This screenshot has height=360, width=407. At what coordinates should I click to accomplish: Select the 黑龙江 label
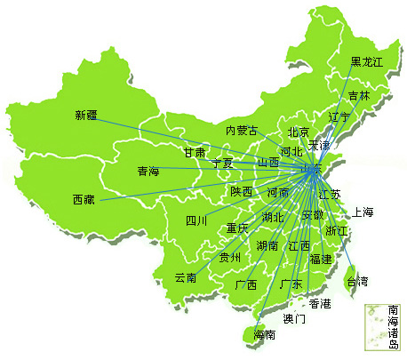tap(366, 61)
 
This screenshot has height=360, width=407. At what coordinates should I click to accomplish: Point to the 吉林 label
tap(359, 95)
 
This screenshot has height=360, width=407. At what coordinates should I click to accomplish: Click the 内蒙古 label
tap(242, 131)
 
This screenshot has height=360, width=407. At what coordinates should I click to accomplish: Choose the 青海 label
tap(148, 171)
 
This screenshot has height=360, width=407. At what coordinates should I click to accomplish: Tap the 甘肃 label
tap(195, 152)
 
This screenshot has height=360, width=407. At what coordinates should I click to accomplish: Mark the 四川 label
tap(196, 220)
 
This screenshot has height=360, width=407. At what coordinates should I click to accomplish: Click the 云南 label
tap(186, 277)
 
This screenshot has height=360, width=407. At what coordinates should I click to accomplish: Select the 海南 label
tap(265, 335)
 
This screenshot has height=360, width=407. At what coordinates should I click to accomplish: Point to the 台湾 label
tap(356, 281)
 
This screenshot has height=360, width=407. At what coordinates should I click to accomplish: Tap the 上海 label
tap(363, 212)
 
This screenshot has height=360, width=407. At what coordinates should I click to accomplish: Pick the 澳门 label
tap(294, 317)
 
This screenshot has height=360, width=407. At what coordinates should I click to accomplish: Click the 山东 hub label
tap(312, 166)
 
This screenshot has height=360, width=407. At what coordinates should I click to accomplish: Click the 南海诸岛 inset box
tap(384, 326)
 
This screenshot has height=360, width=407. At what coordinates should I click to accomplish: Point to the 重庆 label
tap(237, 228)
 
